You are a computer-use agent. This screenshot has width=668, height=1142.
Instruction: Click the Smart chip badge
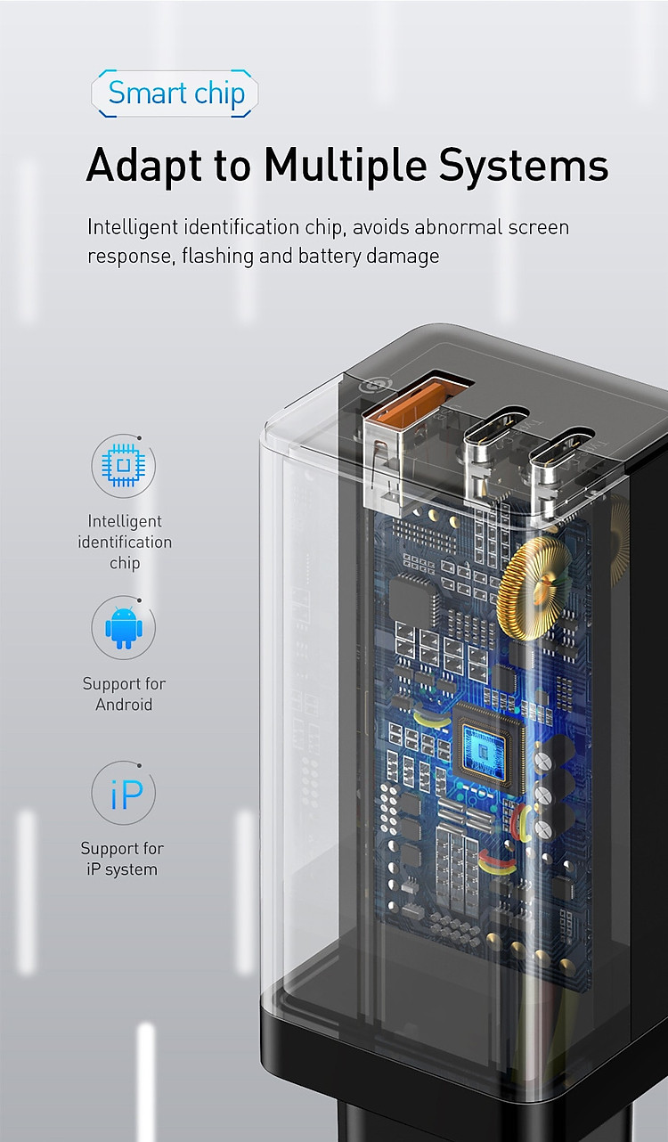click(x=175, y=94)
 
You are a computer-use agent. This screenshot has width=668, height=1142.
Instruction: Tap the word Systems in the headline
click(x=524, y=166)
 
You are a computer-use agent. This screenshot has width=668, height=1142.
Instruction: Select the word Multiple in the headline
click(x=346, y=166)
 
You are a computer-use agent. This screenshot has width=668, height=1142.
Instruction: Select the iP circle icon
click(x=124, y=793)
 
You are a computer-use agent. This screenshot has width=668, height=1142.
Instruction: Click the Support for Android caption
click(x=124, y=694)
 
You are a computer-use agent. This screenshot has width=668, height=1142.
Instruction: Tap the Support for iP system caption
click(x=122, y=859)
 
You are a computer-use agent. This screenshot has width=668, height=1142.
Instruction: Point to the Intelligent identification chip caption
click(x=125, y=542)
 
